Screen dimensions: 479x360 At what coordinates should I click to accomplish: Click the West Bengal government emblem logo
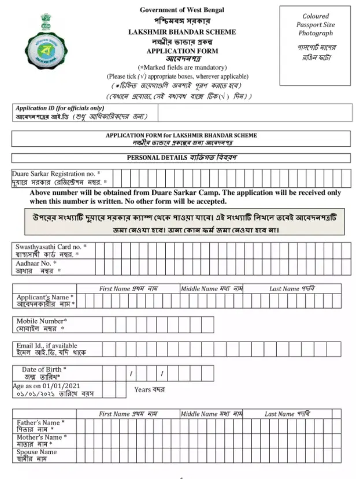(47, 41)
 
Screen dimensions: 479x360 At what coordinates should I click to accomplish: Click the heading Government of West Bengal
(181, 10)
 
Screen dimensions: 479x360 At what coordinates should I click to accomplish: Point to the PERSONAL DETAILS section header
(181, 158)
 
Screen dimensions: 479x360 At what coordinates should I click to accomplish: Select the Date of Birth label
(44, 369)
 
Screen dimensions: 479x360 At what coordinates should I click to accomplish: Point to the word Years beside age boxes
(143, 389)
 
